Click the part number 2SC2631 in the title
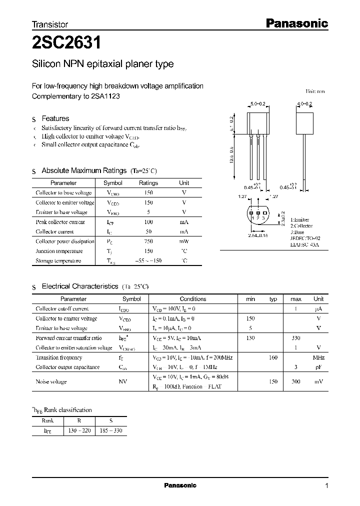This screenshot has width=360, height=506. [x=67, y=43]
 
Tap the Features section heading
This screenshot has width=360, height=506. [x=55, y=118]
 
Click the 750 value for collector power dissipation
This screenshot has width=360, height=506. [x=148, y=241]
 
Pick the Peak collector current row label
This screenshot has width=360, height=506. [x=60, y=222]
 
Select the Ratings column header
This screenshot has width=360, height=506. [x=148, y=183]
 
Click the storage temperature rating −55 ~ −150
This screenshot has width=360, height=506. [x=148, y=261]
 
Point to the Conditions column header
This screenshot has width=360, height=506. [x=192, y=299]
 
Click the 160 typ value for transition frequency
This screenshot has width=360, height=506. [x=273, y=357]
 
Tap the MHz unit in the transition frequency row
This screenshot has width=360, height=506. [x=318, y=357]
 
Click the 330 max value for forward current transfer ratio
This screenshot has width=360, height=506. [x=295, y=338]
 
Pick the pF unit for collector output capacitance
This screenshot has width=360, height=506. [x=318, y=367]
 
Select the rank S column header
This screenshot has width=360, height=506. [x=110, y=421]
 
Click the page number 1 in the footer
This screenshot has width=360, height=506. [x=326, y=486]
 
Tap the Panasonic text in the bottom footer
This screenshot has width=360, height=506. [x=180, y=485]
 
